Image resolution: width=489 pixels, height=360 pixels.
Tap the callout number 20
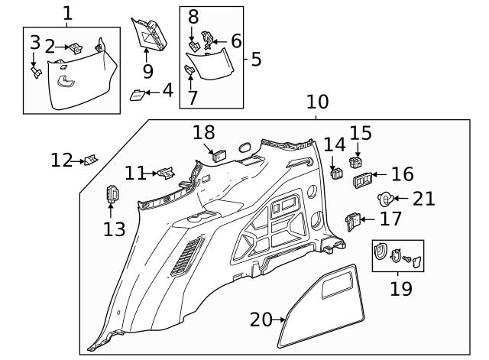pos(261,319)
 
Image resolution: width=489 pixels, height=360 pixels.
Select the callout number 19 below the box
pos(400,289)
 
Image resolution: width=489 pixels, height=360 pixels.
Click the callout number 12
pos(62,161)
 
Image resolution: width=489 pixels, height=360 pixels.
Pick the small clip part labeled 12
pos(91,160)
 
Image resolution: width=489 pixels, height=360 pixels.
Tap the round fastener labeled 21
pos(387,199)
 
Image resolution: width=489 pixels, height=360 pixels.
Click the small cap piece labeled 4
pos(138,95)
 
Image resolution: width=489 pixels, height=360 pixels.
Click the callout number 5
pos(256,59)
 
